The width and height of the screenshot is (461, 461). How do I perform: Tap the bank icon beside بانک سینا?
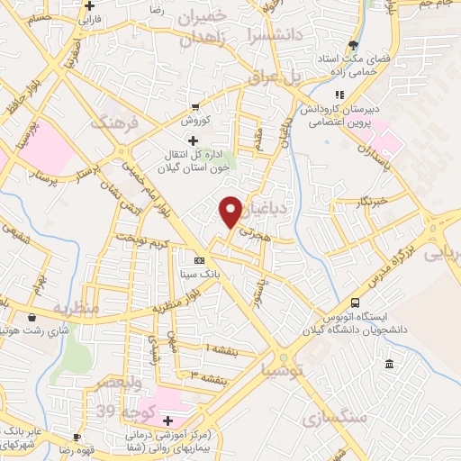(199, 259)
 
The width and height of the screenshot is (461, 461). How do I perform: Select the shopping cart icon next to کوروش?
(194, 106)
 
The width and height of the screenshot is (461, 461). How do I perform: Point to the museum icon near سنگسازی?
(389, 364)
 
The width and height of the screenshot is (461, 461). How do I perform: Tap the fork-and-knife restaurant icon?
(339, 95)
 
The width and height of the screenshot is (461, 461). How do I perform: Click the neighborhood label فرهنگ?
(123, 121)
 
